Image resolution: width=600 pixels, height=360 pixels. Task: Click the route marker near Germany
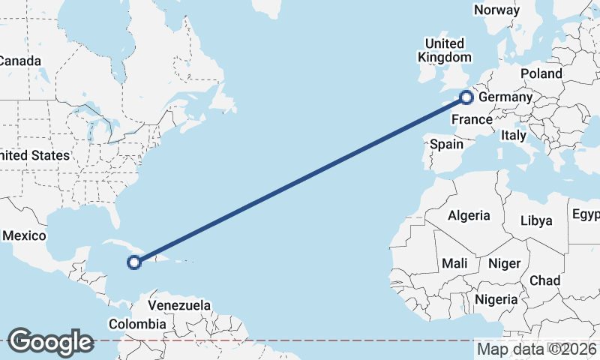pos(466,97)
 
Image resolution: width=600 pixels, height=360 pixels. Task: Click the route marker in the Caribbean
pos(134,262)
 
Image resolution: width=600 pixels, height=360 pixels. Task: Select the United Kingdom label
pos(445,50)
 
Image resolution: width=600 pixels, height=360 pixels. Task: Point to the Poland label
pos(541,73)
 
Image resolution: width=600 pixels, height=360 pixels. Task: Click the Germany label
pos(505,97)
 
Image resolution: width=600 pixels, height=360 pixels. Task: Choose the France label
pos(472,119)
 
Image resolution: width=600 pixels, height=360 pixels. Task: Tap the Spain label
pos(447,144)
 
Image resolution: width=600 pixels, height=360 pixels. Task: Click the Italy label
pos(514,136)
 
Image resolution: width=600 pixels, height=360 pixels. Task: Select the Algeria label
pos(469,215)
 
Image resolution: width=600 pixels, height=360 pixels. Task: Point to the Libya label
pos(536,220)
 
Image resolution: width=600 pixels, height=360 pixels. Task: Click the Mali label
pos(454,263)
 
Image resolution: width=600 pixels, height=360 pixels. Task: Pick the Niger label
pos(504,263)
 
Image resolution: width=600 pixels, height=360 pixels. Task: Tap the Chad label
pos(544,280)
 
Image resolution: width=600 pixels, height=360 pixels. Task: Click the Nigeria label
pos(496,299)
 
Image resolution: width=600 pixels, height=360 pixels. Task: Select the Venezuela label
pos(179,305)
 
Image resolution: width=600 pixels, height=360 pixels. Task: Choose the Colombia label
pos(136,324)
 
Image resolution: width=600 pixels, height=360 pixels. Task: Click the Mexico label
pos(25,235)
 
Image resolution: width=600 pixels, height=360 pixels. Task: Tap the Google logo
pos(50,342)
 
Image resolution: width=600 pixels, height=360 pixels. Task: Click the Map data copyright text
pos(537,349)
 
